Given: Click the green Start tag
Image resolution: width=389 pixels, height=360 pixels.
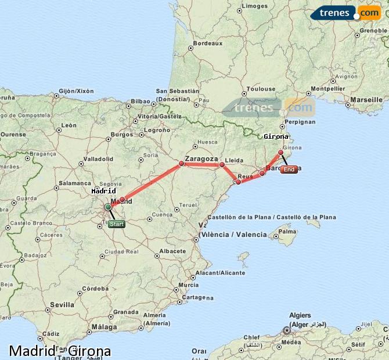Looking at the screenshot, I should (x=116, y=224).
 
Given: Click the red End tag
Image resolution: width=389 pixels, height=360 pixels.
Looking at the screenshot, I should (x=289, y=170).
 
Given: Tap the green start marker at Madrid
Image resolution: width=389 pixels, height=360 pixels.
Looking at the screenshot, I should (x=108, y=207).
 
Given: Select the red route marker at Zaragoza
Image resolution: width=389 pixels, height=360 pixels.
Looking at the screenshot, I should (x=182, y=164).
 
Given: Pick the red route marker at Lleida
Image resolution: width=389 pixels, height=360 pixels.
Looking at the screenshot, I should (x=222, y=165).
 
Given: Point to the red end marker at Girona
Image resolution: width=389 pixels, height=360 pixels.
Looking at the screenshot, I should (x=281, y=153).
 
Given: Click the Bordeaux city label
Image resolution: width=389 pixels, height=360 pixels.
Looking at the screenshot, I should (x=208, y=44).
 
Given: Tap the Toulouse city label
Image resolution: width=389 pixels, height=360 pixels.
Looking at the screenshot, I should (x=261, y=89).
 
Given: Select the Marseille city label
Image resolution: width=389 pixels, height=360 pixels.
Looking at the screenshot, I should (x=366, y=100).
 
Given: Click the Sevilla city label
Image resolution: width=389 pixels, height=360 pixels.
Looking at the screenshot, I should (x=62, y=304).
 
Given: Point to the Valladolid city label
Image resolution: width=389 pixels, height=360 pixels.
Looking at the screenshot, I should (x=98, y=159).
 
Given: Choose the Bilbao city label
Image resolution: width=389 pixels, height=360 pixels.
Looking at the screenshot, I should (x=141, y=101).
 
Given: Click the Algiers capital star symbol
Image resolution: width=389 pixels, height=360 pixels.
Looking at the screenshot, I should (x=286, y=330).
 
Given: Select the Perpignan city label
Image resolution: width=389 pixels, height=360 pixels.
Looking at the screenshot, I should (x=301, y=122).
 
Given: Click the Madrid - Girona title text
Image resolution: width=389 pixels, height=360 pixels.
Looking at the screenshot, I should (x=60, y=351).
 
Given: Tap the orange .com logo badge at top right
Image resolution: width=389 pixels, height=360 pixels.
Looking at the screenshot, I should (x=369, y=13).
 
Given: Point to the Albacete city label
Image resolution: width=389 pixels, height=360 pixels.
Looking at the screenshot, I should (x=172, y=251).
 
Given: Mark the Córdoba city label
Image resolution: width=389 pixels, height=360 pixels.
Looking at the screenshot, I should (x=95, y=289).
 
